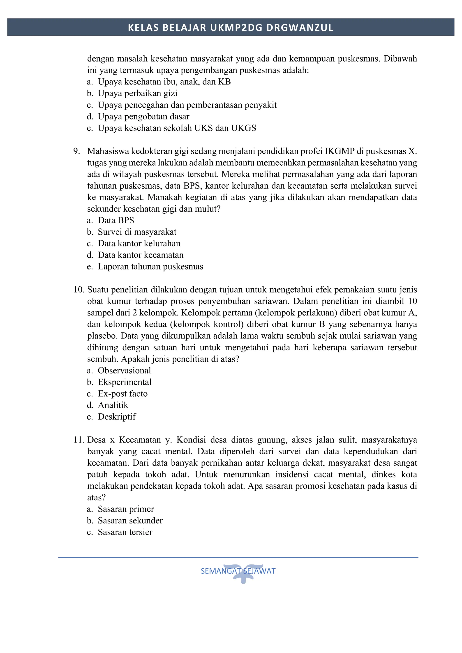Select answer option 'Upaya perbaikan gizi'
point(137,93)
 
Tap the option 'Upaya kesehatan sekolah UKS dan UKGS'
point(177,128)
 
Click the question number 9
point(76,151)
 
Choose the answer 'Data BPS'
point(116,220)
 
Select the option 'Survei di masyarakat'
point(137,232)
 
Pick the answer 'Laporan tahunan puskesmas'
point(150,267)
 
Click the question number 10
point(79,290)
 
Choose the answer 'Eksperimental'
point(124,382)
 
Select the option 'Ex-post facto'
point(123,394)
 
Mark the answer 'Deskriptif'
point(117,417)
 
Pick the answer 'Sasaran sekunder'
point(130,521)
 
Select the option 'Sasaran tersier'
point(125,532)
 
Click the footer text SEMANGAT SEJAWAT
point(238,571)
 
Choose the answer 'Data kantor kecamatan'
point(141,255)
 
